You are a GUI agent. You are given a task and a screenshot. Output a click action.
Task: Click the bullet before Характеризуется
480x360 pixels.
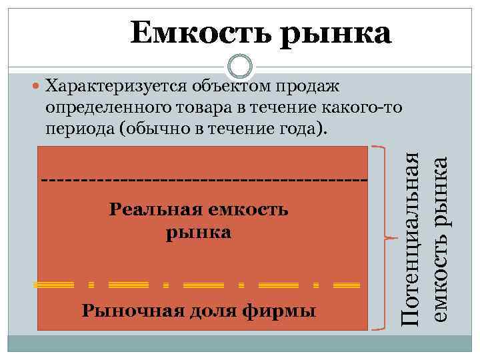36,86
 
